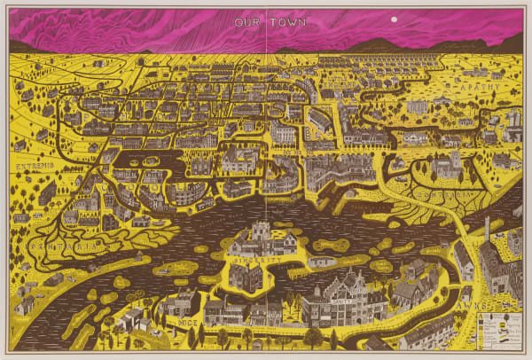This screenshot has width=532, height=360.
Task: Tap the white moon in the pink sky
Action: coord(393,18)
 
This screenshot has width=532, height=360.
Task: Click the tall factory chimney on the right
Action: coord(487,230)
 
